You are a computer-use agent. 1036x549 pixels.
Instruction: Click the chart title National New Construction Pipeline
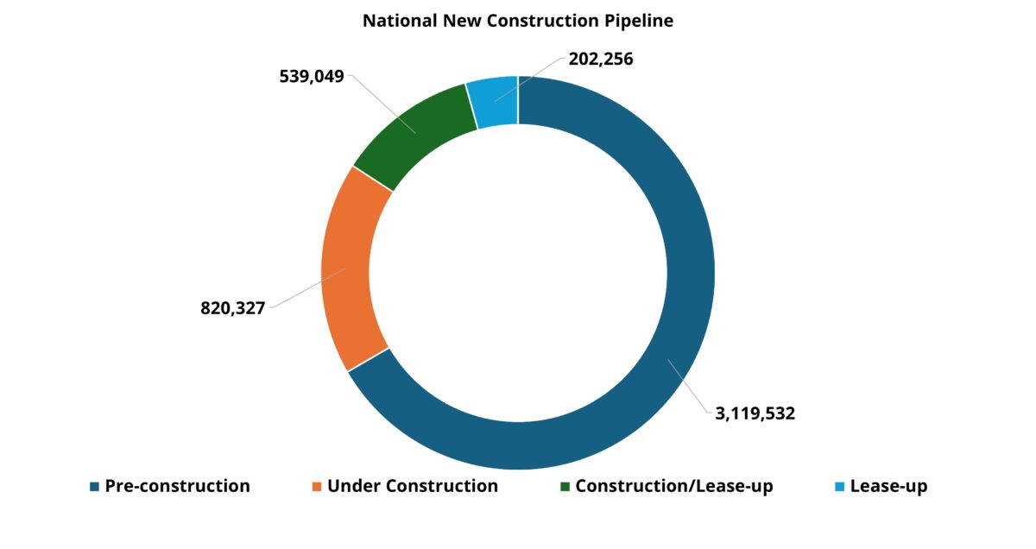coord(517,21)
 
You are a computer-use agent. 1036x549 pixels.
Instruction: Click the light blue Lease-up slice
coord(493,103)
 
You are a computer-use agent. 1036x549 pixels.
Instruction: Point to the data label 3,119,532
coord(755,413)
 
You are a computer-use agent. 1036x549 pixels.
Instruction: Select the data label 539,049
coord(312,76)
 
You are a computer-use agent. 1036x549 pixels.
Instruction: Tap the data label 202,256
coord(601,60)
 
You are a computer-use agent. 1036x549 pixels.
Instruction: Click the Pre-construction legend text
coord(177,486)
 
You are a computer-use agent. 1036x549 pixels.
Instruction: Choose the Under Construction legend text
coord(412,486)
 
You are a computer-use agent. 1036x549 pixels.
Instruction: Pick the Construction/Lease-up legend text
coord(673,486)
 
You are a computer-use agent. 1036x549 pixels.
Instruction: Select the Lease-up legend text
coord(888,486)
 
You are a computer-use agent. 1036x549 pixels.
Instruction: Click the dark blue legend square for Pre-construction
coord(94,487)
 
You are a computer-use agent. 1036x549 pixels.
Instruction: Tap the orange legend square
coord(316,487)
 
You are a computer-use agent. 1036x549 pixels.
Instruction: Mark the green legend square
coord(565,487)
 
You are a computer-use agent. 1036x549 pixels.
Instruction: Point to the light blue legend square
coord(839,487)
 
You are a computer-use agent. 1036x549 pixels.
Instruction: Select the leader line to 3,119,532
coord(691,388)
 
